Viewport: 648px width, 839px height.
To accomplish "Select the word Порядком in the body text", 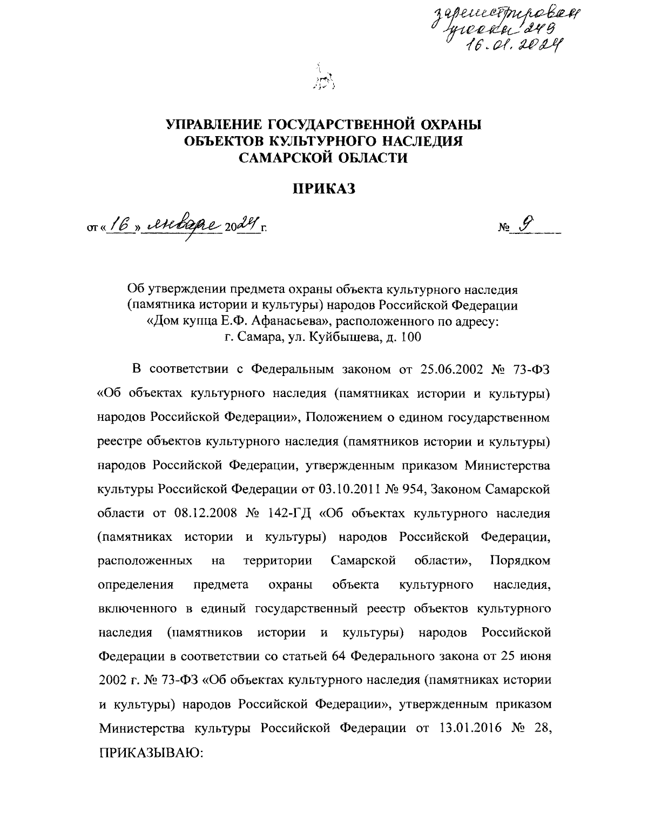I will [521, 561].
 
